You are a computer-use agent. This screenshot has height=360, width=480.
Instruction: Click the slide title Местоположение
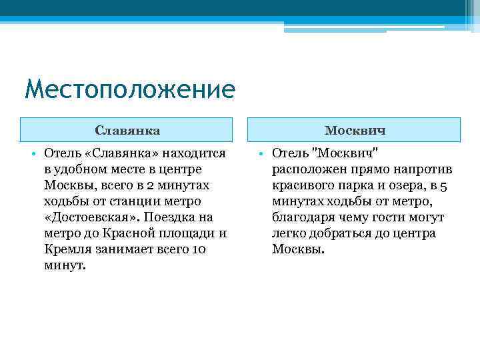click(129, 89)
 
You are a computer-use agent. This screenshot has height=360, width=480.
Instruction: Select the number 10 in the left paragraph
click(199, 249)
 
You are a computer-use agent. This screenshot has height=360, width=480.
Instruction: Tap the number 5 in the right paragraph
click(443, 185)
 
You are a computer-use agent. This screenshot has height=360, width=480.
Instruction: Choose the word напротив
click(421, 169)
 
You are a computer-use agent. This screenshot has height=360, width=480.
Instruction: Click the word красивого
click(301, 185)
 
